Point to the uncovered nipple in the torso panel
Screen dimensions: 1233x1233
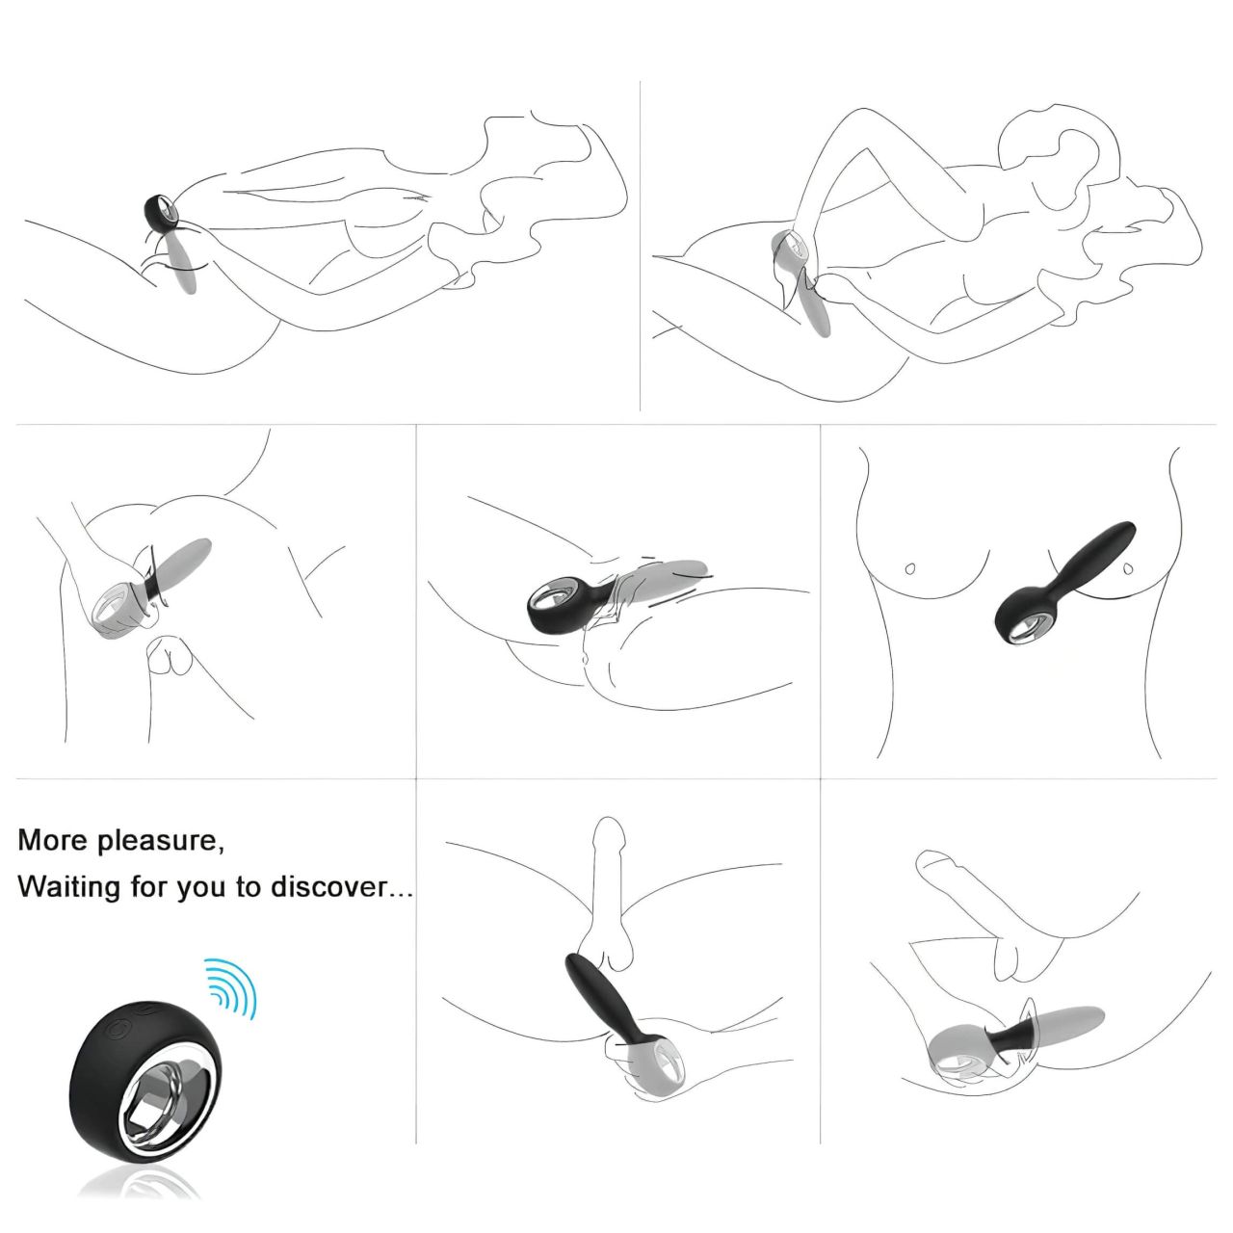coord(910,569)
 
